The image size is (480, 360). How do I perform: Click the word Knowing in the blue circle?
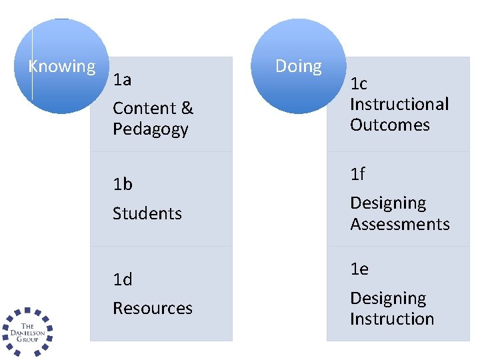[62, 67]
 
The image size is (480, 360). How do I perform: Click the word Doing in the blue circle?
[298, 66]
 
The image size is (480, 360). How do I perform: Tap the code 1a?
[122, 81]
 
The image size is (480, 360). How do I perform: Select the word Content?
[143, 108]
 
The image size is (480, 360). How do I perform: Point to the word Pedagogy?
[151, 129]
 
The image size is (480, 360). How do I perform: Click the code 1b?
[123, 184]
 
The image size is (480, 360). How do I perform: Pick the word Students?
[147, 213]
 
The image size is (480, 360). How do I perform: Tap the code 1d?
[123, 279]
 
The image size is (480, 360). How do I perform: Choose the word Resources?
[152, 308]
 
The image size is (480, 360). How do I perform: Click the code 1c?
[359, 84]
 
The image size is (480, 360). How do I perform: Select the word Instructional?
[399, 104]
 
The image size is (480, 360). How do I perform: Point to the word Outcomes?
[390, 125]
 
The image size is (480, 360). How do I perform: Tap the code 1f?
[358, 174]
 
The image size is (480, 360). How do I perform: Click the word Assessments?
[400, 224]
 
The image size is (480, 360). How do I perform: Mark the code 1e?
[359, 269]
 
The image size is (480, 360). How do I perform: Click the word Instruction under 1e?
[392, 319]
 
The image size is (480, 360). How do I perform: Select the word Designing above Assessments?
[388, 203]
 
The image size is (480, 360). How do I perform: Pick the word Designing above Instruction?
[388, 298]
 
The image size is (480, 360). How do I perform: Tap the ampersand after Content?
[187, 108]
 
